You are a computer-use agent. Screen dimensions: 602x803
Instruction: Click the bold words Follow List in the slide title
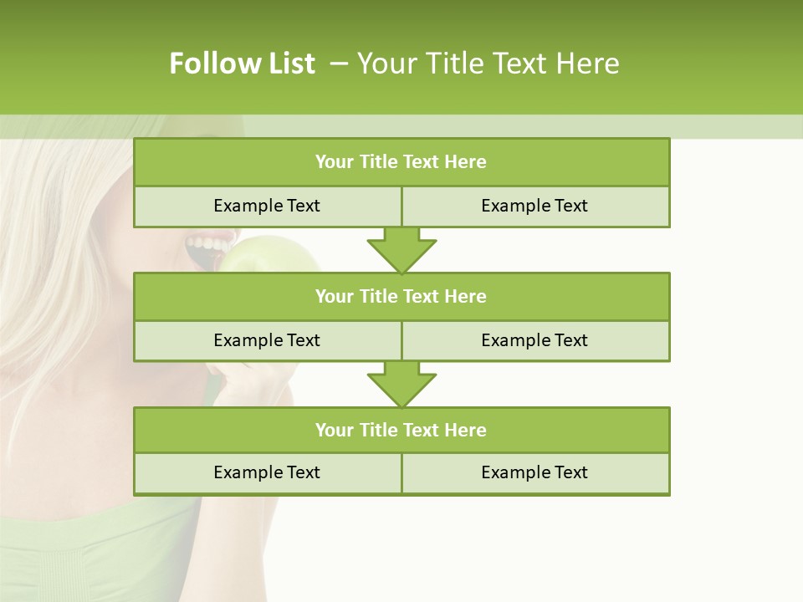[x=242, y=64]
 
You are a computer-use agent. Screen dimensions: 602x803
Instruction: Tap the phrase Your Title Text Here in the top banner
[x=488, y=64]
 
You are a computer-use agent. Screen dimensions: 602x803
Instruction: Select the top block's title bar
[x=401, y=162]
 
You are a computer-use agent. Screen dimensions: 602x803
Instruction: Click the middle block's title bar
[x=401, y=296]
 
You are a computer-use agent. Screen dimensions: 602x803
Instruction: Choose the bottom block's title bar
[x=401, y=430]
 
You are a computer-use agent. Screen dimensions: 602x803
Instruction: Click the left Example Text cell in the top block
[x=267, y=206]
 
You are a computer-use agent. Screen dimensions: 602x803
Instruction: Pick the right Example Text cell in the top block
[x=534, y=206]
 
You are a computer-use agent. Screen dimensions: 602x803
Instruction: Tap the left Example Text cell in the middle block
[x=267, y=340]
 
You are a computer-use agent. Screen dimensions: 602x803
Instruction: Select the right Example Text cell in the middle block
[x=534, y=340]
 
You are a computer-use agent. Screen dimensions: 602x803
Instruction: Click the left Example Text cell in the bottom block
[x=267, y=472]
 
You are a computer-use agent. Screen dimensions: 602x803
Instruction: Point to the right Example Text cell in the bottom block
[x=534, y=472]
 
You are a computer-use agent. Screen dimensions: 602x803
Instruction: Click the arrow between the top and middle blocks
[x=401, y=250]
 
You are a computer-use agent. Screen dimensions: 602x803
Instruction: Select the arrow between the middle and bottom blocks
[x=401, y=385]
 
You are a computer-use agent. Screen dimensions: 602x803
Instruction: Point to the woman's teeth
[x=207, y=245]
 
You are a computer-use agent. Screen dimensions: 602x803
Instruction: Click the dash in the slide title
[x=339, y=64]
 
